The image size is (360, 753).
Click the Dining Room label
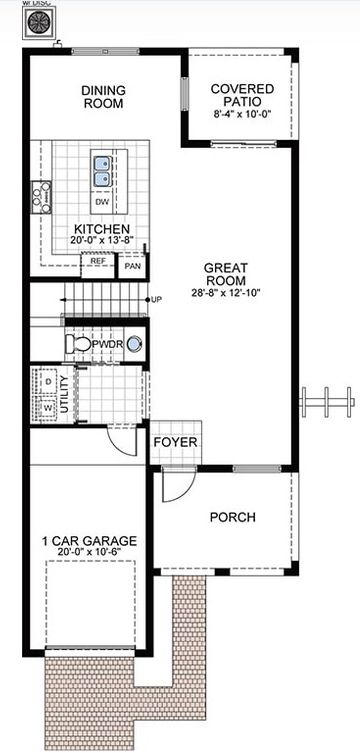pyautogui.click(x=102, y=96)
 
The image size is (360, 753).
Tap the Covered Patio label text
pyautogui.click(x=242, y=96)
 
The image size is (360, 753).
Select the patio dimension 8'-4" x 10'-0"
pyautogui.click(x=242, y=116)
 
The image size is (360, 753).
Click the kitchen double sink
pyautogui.click(x=102, y=170)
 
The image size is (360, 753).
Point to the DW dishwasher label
pyautogui.click(x=102, y=203)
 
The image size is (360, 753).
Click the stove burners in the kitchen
pyautogui.click(x=41, y=197)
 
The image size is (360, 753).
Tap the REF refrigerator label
pyautogui.click(x=98, y=261)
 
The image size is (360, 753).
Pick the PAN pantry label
pyautogui.click(x=132, y=267)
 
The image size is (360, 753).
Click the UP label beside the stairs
pyautogui.click(x=156, y=299)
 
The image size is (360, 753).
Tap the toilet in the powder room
pyautogui.click(x=78, y=344)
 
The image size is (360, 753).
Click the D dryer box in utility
pyautogui.click(x=47, y=382)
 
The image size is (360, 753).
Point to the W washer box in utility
pyautogui.click(x=47, y=407)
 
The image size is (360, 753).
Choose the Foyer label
pyautogui.click(x=176, y=442)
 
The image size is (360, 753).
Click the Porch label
pyautogui.click(x=232, y=517)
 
